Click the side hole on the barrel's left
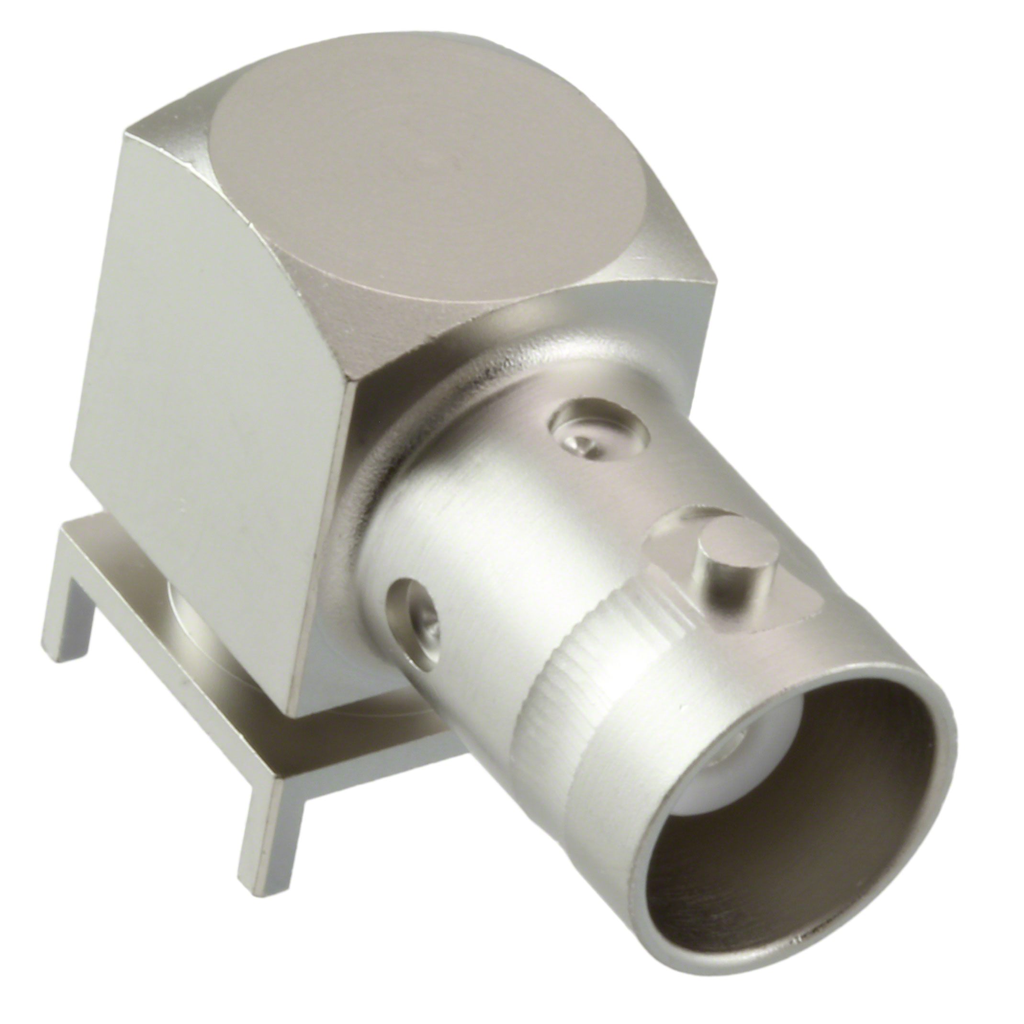(x=416, y=609)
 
